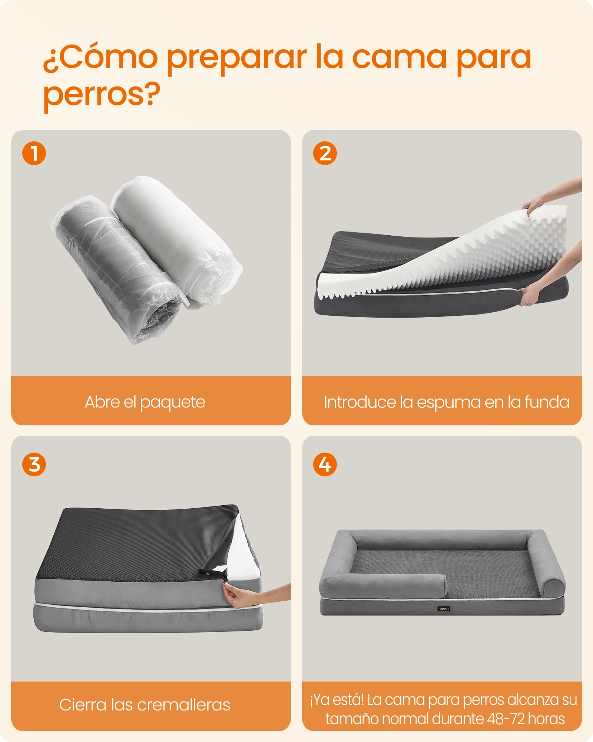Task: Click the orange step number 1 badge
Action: (34, 153)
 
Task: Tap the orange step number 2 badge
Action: (325, 153)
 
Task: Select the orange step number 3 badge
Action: (34, 464)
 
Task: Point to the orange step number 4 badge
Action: (325, 464)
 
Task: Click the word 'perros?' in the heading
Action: (102, 95)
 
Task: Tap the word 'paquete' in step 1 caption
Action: (172, 403)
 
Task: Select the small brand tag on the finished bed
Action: (444, 609)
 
